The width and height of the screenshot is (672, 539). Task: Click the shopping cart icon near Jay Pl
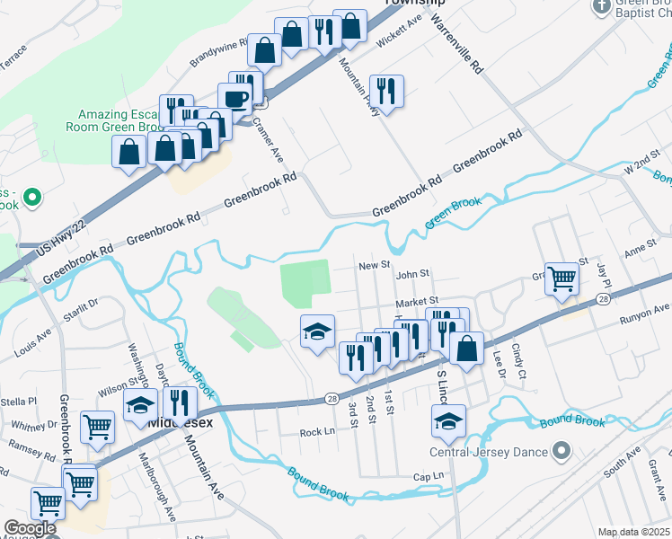(x=561, y=278)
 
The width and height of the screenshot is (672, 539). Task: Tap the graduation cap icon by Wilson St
(x=140, y=407)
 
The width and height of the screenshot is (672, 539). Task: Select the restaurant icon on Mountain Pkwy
(x=386, y=91)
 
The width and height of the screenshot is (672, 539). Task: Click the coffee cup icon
(x=235, y=98)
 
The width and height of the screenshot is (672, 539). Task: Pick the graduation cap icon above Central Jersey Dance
(x=449, y=420)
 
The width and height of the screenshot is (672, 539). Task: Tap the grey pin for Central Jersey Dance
(x=561, y=450)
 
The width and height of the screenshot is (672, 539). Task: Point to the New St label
(x=373, y=266)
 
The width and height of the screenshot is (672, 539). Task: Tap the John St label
(x=414, y=274)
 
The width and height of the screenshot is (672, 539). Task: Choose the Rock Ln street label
(x=317, y=433)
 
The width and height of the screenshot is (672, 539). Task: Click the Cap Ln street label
(x=429, y=476)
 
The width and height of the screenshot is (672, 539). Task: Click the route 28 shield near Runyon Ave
(x=603, y=297)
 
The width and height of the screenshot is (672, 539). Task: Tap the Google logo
(x=30, y=529)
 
